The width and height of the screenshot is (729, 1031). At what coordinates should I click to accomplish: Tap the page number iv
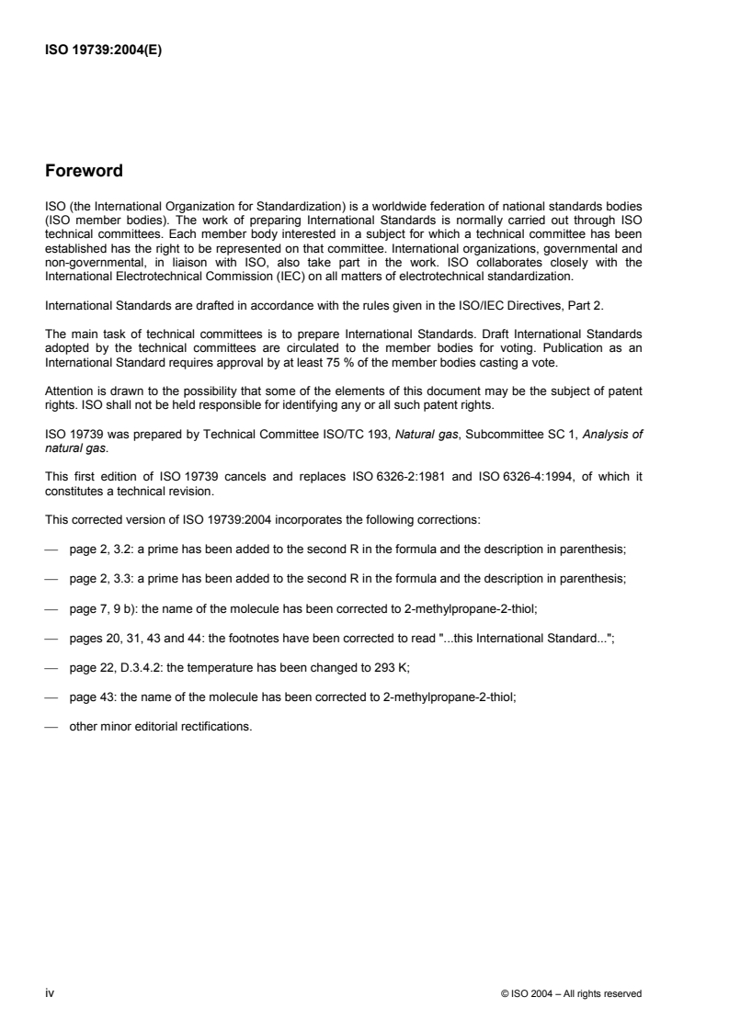coord(49,993)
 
